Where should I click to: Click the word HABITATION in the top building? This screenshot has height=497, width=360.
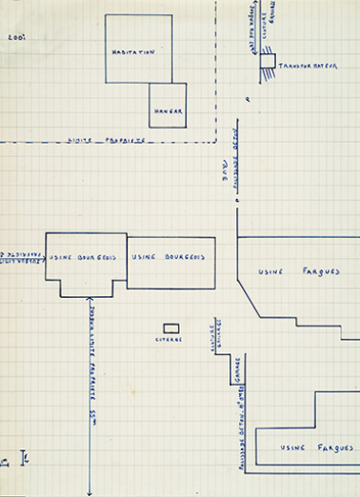(132, 51)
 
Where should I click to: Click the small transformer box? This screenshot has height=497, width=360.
(268, 61)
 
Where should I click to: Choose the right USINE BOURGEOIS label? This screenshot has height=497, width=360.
(170, 257)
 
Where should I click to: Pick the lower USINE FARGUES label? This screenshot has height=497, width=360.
(304, 447)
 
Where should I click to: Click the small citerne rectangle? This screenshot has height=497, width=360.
(171, 328)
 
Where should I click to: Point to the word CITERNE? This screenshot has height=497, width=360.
(169, 340)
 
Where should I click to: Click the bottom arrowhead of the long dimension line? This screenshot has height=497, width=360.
(88, 491)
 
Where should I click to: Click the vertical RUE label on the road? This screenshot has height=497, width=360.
(226, 165)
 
